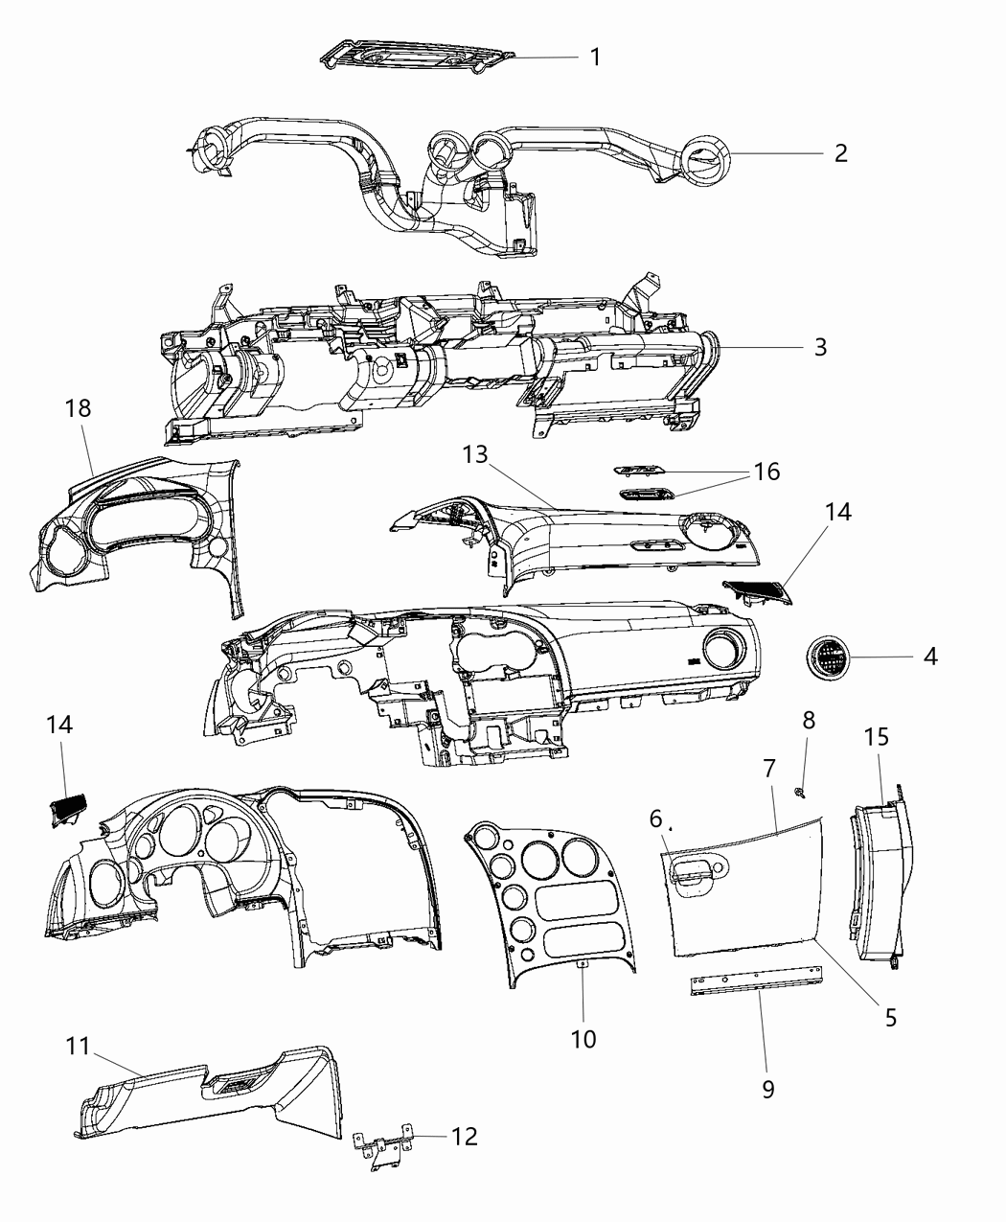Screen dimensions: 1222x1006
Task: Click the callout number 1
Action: point(595,57)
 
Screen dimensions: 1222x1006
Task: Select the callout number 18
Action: point(78,407)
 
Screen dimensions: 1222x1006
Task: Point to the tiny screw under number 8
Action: point(800,791)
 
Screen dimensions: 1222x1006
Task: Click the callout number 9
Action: point(767,1089)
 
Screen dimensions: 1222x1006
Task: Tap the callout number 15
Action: point(877,737)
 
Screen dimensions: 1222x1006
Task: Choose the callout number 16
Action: point(766,472)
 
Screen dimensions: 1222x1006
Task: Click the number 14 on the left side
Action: point(59,725)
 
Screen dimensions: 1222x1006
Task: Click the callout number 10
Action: point(583,1038)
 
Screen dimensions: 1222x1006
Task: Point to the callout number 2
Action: point(840,153)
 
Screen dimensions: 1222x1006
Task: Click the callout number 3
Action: point(820,346)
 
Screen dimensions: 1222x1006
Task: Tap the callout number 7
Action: point(768,767)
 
